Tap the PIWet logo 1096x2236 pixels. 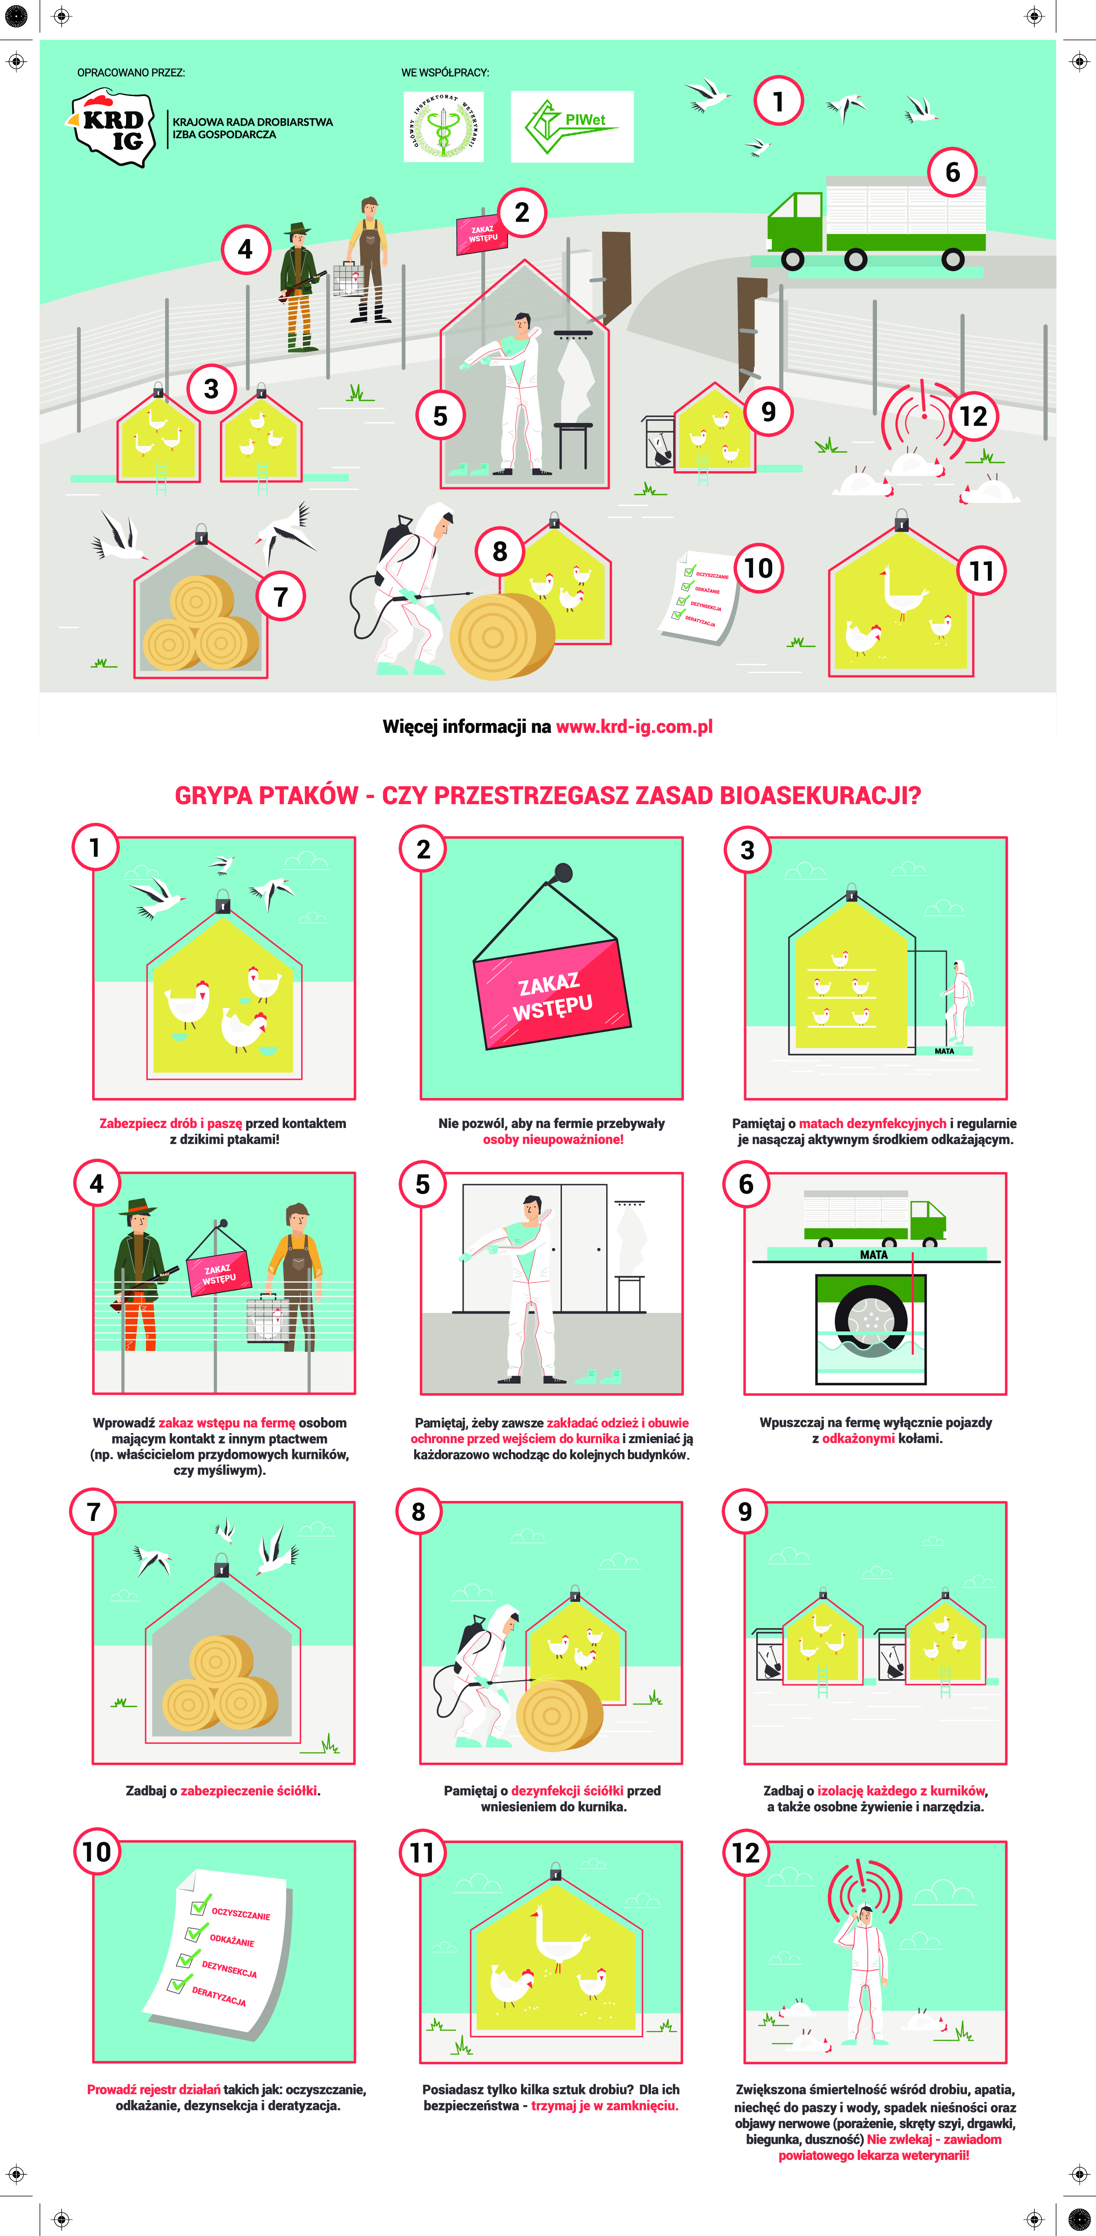tap(572, 127)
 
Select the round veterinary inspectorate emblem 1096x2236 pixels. tap(443, 127)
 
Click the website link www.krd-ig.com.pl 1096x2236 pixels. tap(634, 726)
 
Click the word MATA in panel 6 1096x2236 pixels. tap(874, 1254)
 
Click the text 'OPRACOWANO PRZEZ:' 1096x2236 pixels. tap(131, 73)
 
